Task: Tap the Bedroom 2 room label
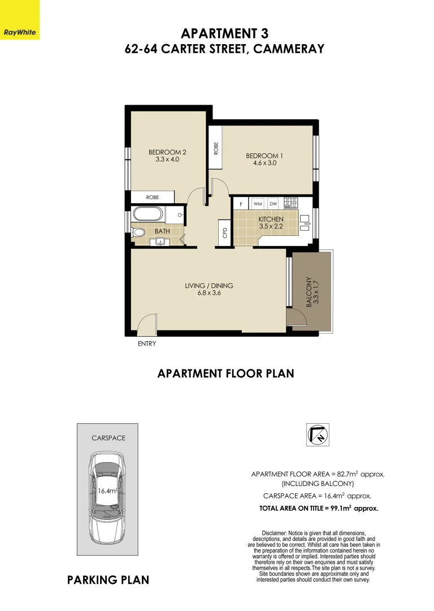point(167,152)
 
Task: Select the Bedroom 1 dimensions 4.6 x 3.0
point(264,163)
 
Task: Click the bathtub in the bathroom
point(148,215)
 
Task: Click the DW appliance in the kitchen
point(273,203)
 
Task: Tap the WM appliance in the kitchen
point(257,203)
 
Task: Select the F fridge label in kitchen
point(241,203)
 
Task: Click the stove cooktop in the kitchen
point(291,202)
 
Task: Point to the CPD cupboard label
point(224,232)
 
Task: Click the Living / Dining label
point(209,286)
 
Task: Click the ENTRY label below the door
point(147,343)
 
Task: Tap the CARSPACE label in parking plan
point(108,438)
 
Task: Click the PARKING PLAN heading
point(108,580)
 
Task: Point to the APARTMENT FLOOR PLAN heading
point(225,373)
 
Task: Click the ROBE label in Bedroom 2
point(153,197)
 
